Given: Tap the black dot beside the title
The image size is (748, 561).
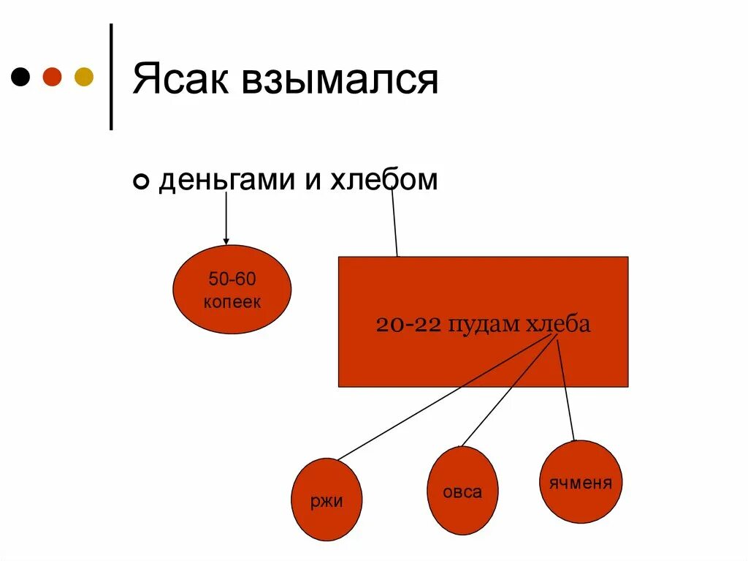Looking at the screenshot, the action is pyautogui.click(x=22, y=76).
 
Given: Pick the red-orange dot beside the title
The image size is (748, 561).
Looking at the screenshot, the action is pyautogui.click(x=53, y=76).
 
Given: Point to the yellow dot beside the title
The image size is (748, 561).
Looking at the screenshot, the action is pyautogui.click(x=84, y=76).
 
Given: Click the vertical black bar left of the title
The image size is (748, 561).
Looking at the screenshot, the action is pyautogui.click(x=111, y=77).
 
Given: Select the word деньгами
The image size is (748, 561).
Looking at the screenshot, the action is pyautogui.click(x=226, y=180).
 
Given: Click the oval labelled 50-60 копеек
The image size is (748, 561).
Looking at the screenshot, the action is pyautogui.click(x=232, y=290).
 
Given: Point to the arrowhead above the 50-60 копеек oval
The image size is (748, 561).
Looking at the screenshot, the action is pyautogui.click(x=226, y=241).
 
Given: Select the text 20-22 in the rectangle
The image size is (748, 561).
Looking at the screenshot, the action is pyautogui.click(x=408, y=324).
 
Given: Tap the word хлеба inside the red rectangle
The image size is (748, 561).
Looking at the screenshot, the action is pyautogui.click(x=557, y=324).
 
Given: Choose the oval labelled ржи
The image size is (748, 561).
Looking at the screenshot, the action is pyautogui.click(x=327, y=500).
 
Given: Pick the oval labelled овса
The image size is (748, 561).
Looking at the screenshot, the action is pyautogui.click(x=462, y=491).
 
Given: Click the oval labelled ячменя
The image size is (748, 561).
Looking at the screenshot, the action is pyautogui.click(x=581, y=482).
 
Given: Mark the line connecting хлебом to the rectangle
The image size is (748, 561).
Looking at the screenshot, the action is pyautogui.click(x=394, y=219).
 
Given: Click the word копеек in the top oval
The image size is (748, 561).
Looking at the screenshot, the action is pyautogui.click(x=232, y=302).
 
